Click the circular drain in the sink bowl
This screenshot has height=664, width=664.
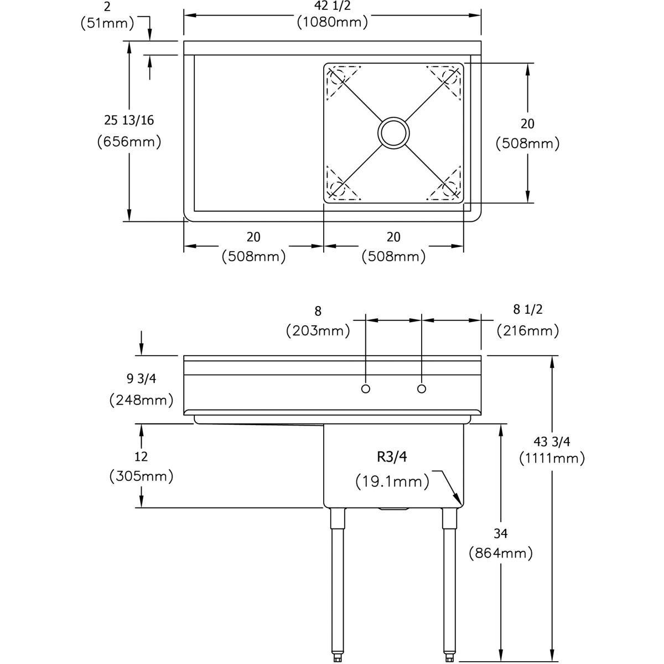[394, 132]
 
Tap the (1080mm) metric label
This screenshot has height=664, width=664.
[332, 23]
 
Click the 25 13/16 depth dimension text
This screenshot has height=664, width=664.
[129, 120]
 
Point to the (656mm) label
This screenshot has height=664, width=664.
[129, 142]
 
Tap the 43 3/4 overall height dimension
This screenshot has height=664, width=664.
[552, 442]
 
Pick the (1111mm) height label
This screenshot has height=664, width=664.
[552, 458]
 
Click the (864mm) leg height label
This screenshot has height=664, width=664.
[500, 552]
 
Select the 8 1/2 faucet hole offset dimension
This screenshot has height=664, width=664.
[527, 309]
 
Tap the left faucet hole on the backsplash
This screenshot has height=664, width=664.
[365, 389]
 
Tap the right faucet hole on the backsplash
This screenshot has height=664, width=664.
[422, 389]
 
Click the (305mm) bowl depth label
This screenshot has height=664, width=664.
[142, 475]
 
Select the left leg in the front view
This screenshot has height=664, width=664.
[336, 581]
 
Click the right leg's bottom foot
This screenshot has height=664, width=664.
[449, 657]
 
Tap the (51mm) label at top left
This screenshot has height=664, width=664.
[107, 23]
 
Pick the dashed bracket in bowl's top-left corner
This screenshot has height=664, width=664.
[343, 82]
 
